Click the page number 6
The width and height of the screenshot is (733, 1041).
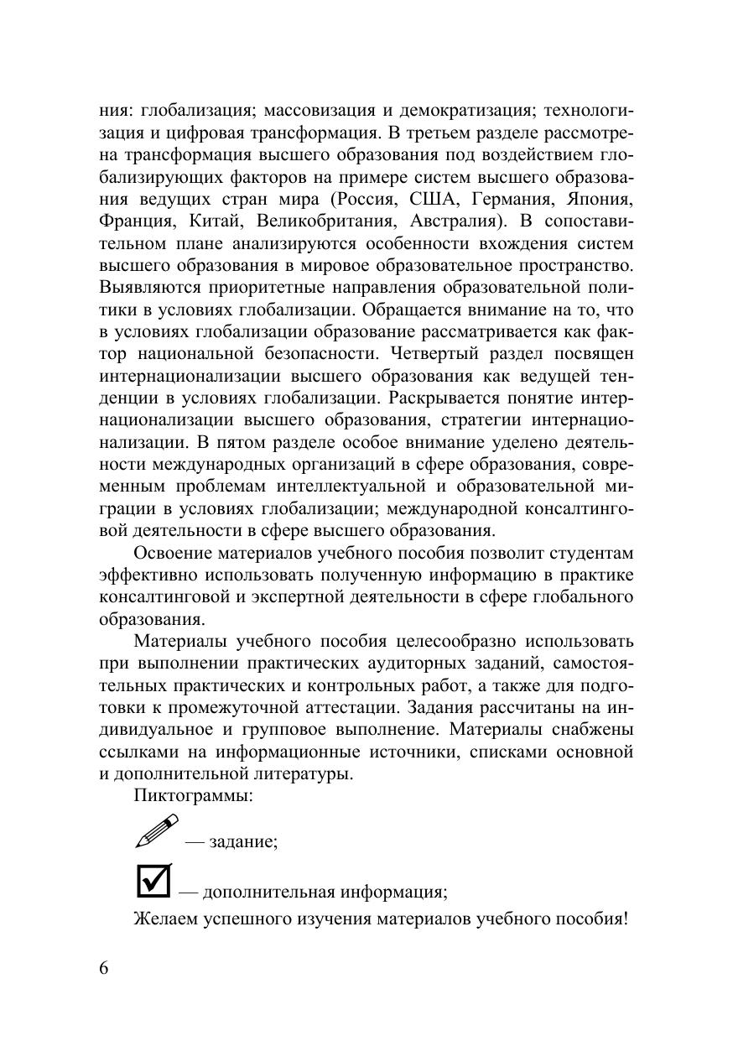104,967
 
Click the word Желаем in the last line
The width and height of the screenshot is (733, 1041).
167,918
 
